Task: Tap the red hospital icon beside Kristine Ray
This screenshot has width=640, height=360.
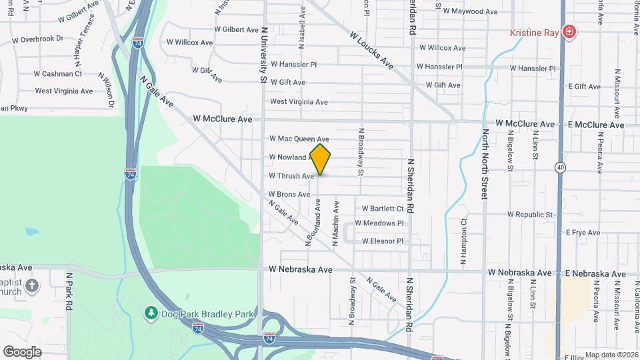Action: pos(569,32)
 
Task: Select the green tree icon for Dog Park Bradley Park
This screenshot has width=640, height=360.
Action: pos(151,312)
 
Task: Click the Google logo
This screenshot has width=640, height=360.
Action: pos(22,351)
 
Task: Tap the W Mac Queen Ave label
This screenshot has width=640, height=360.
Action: pos(299,139)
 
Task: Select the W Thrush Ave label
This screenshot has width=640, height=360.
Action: pos(291,176)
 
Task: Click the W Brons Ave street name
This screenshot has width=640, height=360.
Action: pos(289,195)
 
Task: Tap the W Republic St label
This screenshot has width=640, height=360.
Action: pos(530,215)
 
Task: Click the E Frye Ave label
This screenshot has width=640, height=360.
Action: pos(583,233)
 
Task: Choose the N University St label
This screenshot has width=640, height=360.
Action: pos(264,55)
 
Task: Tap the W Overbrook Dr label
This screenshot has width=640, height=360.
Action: pos(37,39)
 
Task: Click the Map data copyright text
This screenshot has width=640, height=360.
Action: pos(611,355)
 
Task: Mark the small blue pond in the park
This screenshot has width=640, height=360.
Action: pos(31,233)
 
